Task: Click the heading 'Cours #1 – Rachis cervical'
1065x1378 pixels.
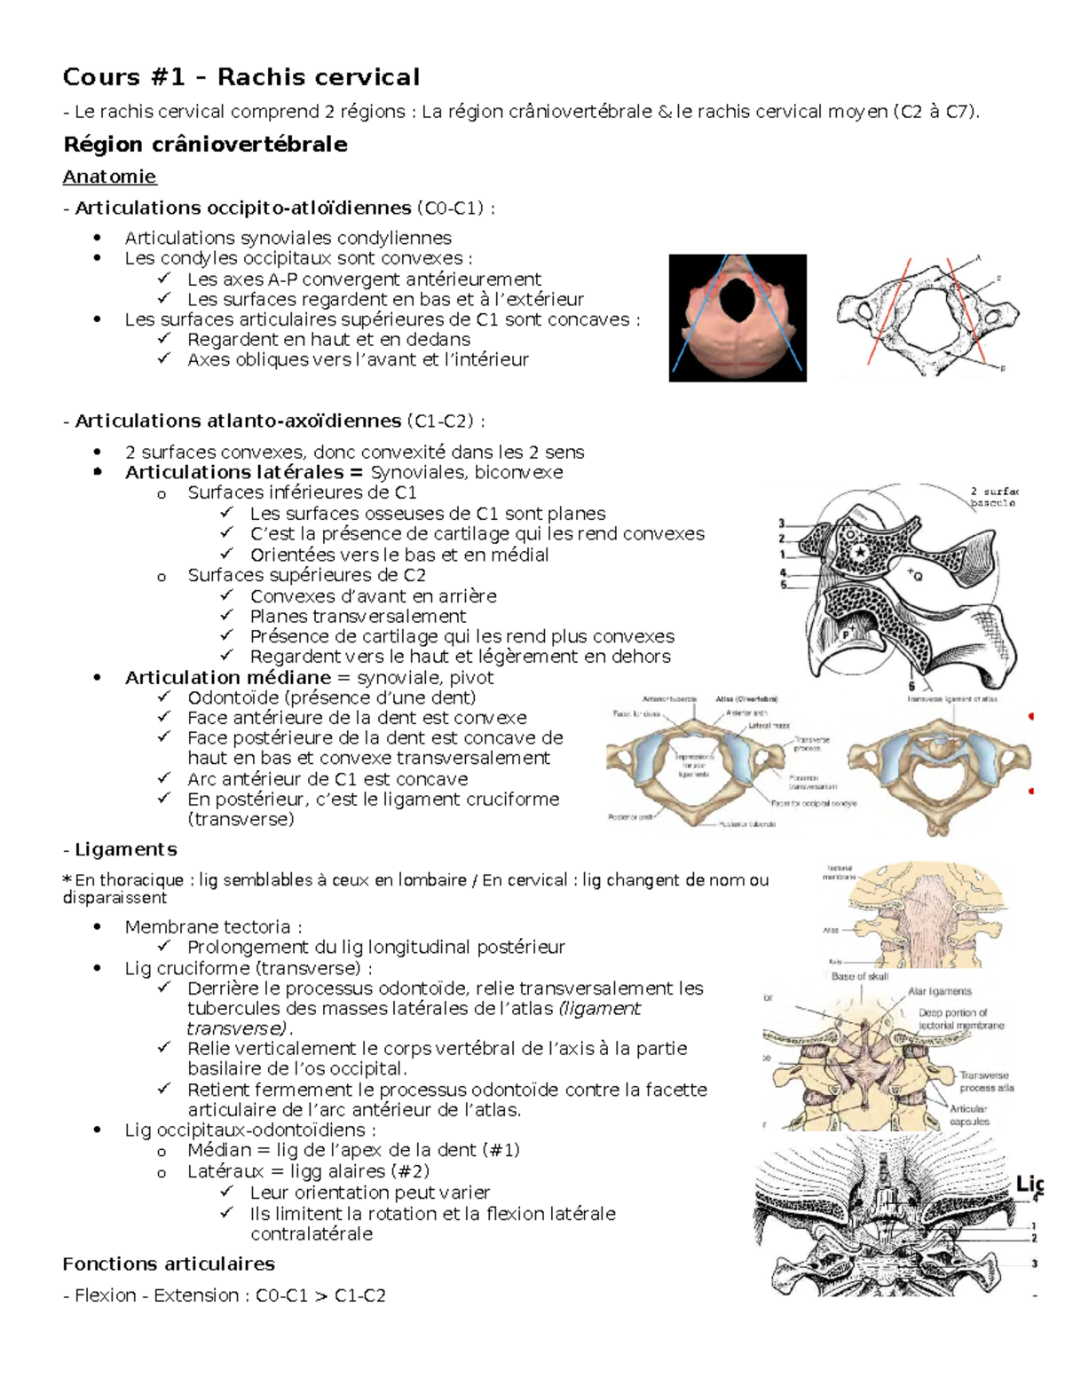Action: [x=241, y=77]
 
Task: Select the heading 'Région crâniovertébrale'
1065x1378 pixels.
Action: [x=205, y=145]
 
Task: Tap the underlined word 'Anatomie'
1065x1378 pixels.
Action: [x=109, y=177]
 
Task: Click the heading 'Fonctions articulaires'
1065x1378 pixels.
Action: [x=169, y=1264]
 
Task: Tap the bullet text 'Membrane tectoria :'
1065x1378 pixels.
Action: [x=213, y=926]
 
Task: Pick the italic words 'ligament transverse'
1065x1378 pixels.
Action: [x=413, y=1019]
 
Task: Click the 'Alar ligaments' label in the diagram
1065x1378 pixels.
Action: [x=939, y=991]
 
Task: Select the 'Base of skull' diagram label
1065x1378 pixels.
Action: [x=859, y=976]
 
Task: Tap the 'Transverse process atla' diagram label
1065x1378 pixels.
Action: [x=986, y=1081]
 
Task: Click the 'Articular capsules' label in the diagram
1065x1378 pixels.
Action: [x=968, y=1114]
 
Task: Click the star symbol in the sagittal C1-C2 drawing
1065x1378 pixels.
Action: [x=859, y=554]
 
